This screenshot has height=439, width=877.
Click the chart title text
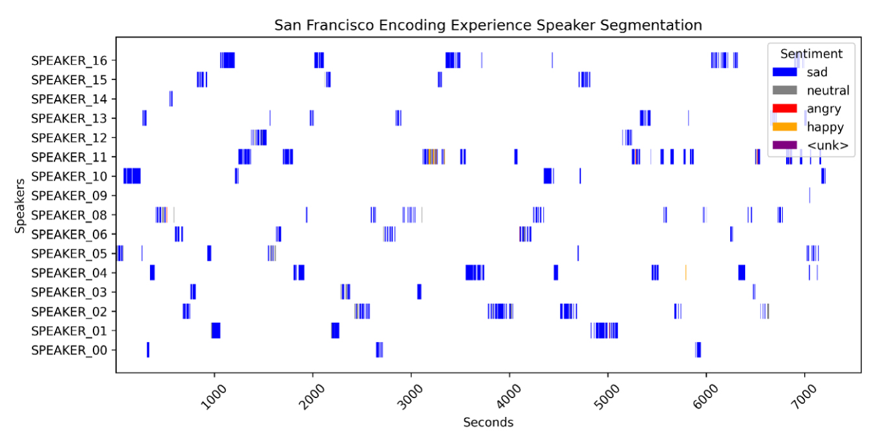point(488,25)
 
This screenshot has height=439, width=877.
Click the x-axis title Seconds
point(488,423)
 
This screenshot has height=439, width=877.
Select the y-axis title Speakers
point(20,205)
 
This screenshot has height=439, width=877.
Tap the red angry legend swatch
point(784,109)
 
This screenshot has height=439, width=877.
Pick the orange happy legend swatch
point(784,127)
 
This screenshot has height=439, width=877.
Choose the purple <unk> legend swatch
point(784,145)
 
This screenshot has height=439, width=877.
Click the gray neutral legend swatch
point(784,91)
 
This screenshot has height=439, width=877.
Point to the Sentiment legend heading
point(811,54)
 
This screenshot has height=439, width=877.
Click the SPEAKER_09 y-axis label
point(73,195)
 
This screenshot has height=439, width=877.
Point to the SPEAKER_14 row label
point(73,99)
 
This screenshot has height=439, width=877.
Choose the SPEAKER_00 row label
point(73,351)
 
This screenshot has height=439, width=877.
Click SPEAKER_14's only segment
point(171,99)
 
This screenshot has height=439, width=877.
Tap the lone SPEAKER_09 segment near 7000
point(809,195)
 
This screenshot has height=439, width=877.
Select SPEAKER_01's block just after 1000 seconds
point(216,331)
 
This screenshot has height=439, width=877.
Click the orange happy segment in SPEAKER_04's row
point(685,272)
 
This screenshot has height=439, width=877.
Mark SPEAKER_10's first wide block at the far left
point(132,176)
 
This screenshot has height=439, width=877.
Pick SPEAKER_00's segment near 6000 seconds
point(698,350)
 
